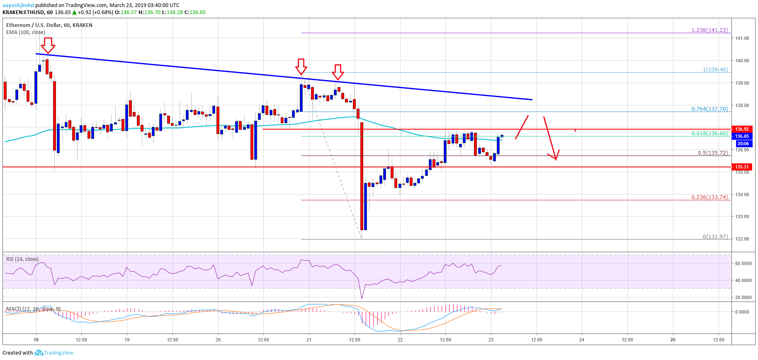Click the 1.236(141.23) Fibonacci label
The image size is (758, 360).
click(x=709, y=30)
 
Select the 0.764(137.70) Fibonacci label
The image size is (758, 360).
click(x=709, y=109)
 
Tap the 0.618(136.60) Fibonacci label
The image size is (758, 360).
click(x=709, y=134)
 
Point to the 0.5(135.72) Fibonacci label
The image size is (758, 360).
click(x=712, y=153)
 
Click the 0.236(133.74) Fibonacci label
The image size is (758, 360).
click(x=709, y=197)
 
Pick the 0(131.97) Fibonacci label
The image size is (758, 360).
click(x=715, y=237)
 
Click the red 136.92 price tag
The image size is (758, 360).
click(x=742, y=129)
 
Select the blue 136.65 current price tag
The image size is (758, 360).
click(x=742, y=136)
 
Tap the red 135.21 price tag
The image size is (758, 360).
click(x=742, y=167)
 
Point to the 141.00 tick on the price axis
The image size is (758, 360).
click(x=742, y=38)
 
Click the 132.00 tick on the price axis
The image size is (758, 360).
click(x=742, y=239)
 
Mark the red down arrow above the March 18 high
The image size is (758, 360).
click(x=48, y=45)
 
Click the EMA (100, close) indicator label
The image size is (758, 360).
click(x=26, y=32)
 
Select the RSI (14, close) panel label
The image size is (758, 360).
click(x=22, y=259)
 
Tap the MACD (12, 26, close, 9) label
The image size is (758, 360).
click(x=33, y=309)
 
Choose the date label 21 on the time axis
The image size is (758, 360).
click(x=309, y=340)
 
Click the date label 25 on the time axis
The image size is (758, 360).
click(x=673, y=340)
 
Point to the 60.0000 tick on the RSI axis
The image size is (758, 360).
click(x=743, y=263)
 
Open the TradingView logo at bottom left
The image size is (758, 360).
click(x=54, y=353)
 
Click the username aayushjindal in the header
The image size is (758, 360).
click(x=18, y=5)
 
